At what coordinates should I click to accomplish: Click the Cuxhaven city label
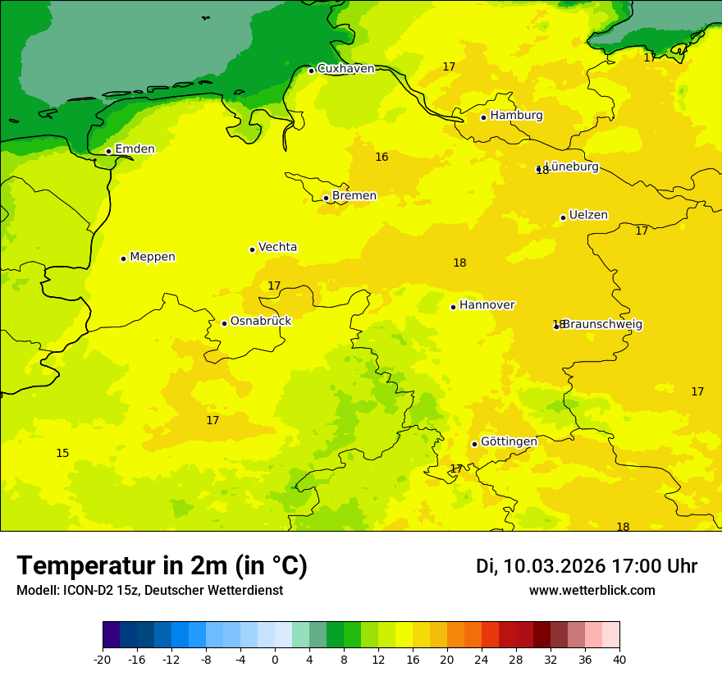pos(345,69)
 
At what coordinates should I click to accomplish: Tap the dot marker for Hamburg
pos(483,117)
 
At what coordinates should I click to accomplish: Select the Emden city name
pos(135,149)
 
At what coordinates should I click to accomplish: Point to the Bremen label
pos(354,196)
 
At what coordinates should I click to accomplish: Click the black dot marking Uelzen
pos(563,217)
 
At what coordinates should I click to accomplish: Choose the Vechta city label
pos(277,247)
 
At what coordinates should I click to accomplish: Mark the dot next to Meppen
pos(123,258)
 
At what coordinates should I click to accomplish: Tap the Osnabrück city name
pos(261,322)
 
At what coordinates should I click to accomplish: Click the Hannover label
pos(487,305)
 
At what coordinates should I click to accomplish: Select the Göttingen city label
pos(509,441)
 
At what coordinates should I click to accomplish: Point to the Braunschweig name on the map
pos(602,325)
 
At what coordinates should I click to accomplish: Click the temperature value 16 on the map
pos(382,157)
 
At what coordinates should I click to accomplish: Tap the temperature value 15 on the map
pos(62,453)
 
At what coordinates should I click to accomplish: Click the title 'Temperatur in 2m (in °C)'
pos(162,566)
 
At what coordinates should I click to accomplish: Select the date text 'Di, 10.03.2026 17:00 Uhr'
pos(587,566)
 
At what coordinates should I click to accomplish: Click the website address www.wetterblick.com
pos(592,591)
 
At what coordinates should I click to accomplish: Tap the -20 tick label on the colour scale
pos(103,660)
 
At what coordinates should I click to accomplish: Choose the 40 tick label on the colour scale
pos(619,660)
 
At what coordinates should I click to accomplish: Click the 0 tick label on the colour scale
pos(275,660)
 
